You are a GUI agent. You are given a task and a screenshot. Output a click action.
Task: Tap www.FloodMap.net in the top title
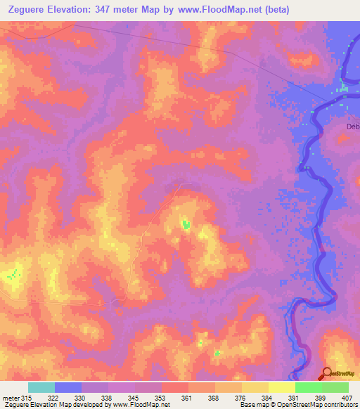pyautogui.click(x=221, y=10)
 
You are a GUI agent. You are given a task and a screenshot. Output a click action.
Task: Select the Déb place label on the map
pyautogui.click(x=353, y=126)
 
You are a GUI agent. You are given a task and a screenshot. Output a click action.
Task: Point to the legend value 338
pyautogui.click(x=108, y=398)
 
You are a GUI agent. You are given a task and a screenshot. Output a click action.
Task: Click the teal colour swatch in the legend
pyautogui.click(x=41, y=387)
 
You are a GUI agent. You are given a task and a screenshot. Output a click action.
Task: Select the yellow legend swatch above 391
pyautogui.click(x=281, y=387)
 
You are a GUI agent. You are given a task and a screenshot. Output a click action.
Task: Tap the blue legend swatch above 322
pyautogui.click(x=68, y=387)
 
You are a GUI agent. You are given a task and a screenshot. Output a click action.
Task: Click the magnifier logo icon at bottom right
pyautogui.click(x=328, y=374)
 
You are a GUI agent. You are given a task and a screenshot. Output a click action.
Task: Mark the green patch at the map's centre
pyautogui.click(x=186, y=224)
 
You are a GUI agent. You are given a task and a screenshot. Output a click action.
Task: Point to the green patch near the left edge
pyautogui.click(x=11, y=275)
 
